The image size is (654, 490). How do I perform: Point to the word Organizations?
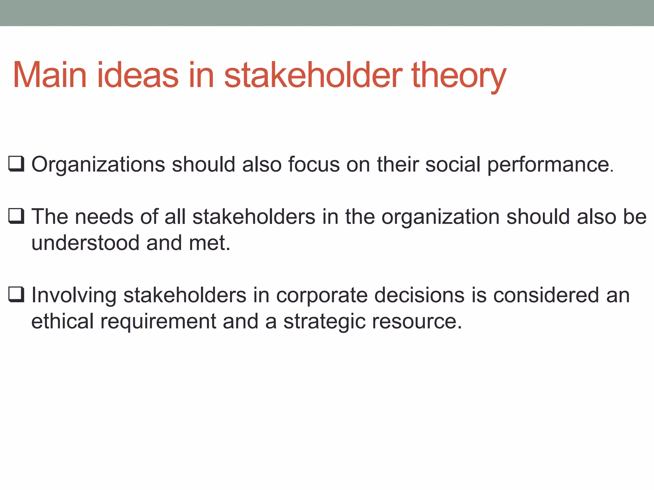point(98,165)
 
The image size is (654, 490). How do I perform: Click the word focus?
point(314,164)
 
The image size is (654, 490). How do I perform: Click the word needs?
point(104,217)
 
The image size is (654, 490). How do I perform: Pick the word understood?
point(85,243)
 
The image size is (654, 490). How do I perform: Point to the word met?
point(209,243)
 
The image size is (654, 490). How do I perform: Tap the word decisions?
point(419,295)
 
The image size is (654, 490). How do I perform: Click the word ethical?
point(62,321)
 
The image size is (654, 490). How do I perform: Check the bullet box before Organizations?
point(16,164)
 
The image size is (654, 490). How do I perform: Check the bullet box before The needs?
point(16,216)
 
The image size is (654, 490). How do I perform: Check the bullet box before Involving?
point(16,294)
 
